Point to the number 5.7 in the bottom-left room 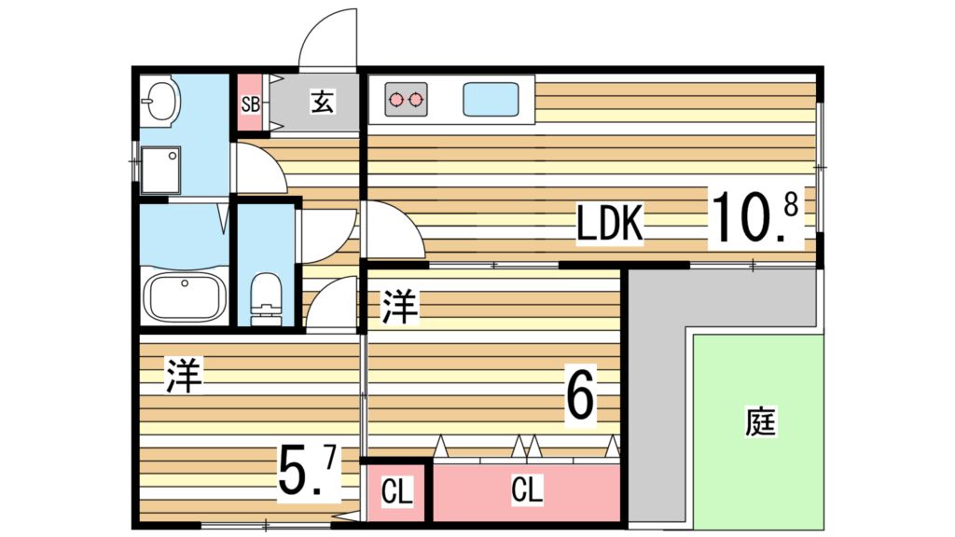tap(307, 472)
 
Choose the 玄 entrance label tap(322, 102)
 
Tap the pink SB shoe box tap(250, 103)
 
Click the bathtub tap(186, 296)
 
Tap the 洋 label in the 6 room tap(400, 307)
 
